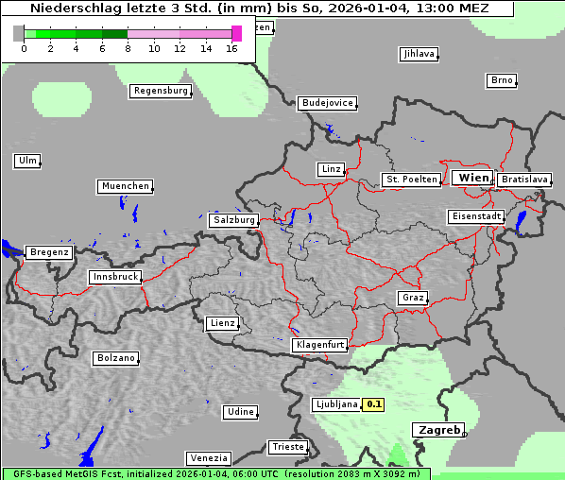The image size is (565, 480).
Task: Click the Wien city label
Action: coord(472,178)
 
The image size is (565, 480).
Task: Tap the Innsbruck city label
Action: coord(115,277)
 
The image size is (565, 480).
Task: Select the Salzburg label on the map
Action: coord(234,220)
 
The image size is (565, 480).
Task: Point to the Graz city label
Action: coord(413,298)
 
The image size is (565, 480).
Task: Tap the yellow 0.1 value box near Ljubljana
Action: coord(374,404)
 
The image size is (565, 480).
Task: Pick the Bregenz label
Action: coord(49,252)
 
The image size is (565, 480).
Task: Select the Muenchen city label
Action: coord(125,186)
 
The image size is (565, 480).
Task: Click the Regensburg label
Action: coord(161,91)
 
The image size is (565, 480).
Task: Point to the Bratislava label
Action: coord(524,179)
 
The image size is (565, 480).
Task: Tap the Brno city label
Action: coord(502,80)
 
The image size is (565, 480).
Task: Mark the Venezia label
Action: coord(207,457)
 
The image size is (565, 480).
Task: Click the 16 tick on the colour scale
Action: coord(232,47)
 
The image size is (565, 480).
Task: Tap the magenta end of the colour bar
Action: coord(236,33)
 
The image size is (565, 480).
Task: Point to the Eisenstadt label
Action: coord(476,216)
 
